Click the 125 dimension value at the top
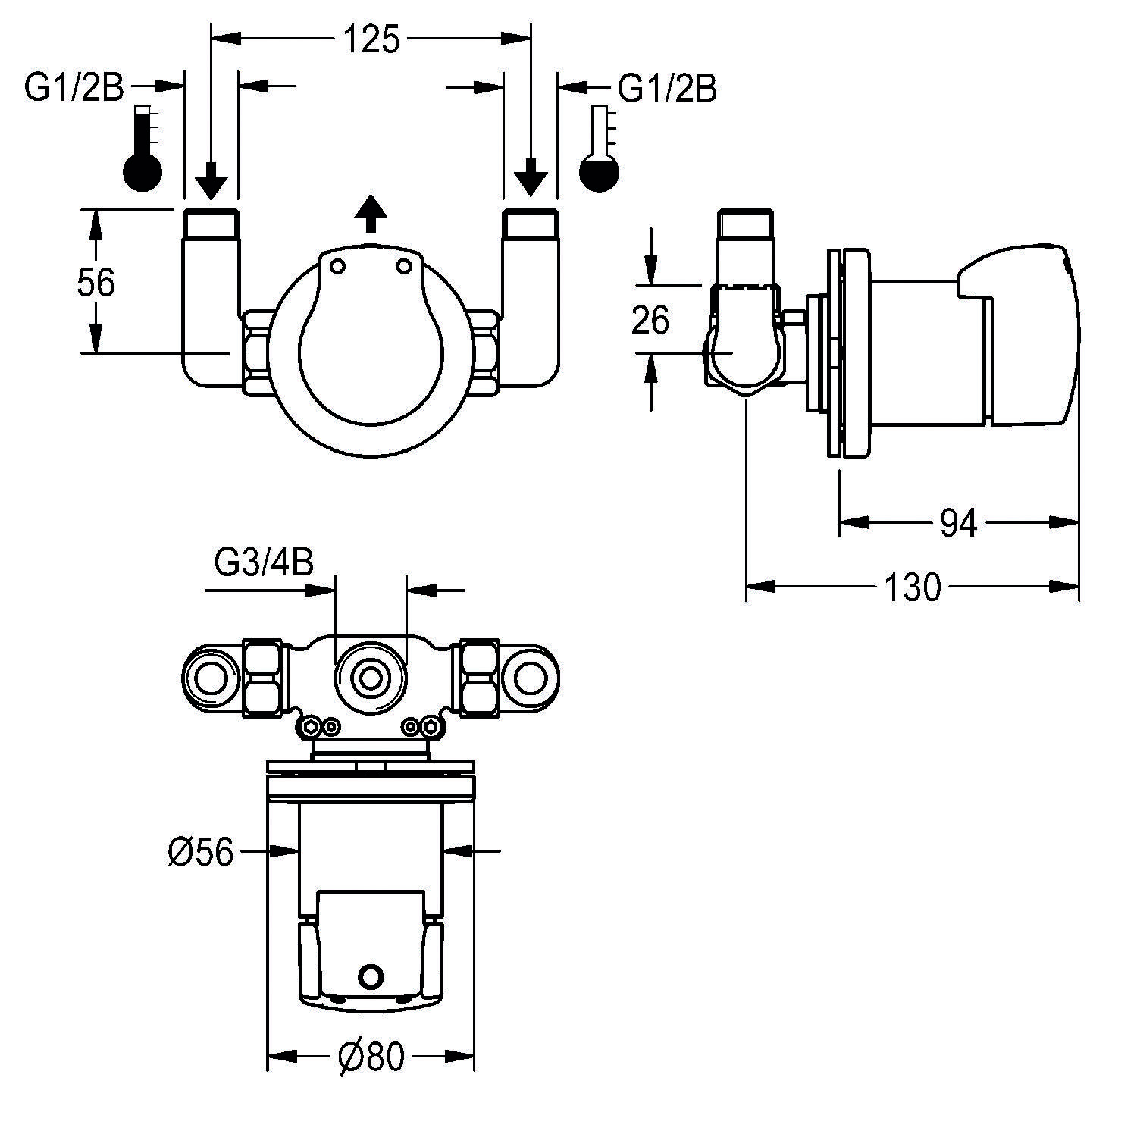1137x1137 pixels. click(x=371, y=40)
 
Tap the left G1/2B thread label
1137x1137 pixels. click(x=74, y=88)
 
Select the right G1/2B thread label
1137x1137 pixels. click(x=667, y=88)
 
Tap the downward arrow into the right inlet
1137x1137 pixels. click(x=531, y=177)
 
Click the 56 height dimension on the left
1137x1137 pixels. click(x=96, y=283)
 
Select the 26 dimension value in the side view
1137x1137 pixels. click(x=650, y=320)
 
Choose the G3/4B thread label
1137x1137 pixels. click(x=265, y=563)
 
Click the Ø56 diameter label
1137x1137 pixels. click(x=200, y=854)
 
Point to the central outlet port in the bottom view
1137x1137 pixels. click(x=371, y=678)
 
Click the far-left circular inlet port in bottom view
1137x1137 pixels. click(x=211, y=678)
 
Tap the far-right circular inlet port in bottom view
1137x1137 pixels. click(x=531, y=678)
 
